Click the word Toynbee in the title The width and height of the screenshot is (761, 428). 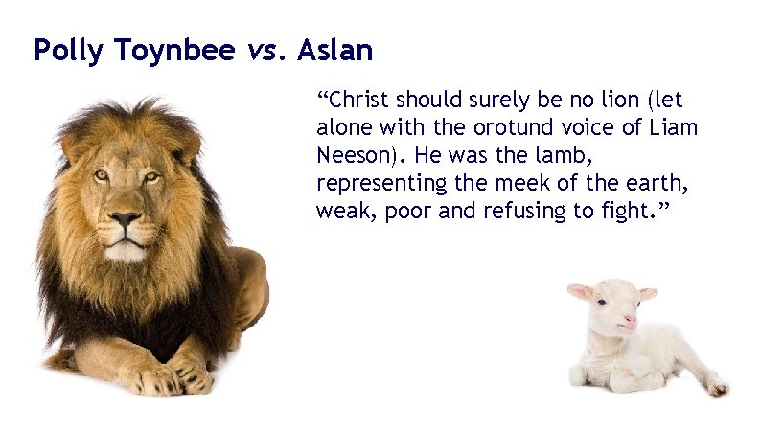pos(157,51)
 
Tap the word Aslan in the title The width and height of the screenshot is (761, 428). pos(334,50)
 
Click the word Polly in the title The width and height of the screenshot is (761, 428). pos(64,50)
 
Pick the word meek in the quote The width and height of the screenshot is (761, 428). pos(556,183)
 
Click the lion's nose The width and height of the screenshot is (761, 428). pos(125,222)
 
